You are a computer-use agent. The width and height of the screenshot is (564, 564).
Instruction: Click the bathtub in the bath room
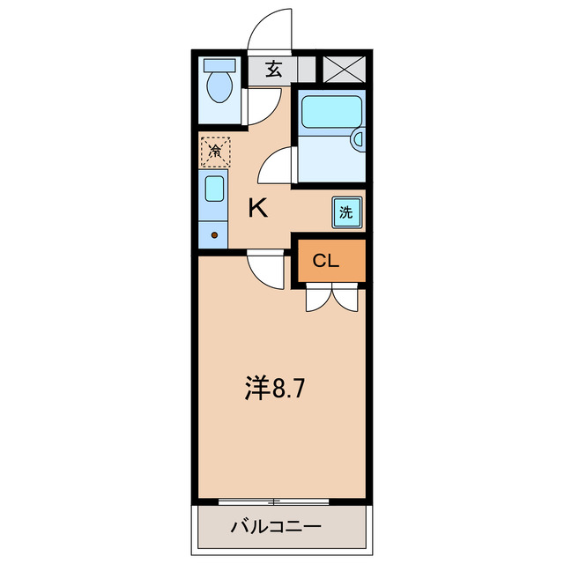click(327, 112)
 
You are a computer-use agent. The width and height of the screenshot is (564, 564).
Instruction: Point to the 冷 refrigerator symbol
click(215, 151)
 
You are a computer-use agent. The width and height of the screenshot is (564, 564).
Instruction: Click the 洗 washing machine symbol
click(346, 211)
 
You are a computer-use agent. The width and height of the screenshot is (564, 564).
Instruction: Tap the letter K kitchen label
click(257, 208)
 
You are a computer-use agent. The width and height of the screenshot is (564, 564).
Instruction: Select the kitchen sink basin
click(214, 189)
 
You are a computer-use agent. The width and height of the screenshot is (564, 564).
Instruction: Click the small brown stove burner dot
click(215, 235)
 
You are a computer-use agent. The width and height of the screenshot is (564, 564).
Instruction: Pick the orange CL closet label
click(327, 261)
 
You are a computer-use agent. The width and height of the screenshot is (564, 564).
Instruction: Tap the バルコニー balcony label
click(276, 528)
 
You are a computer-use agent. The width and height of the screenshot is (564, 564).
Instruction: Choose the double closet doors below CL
click(331, 298)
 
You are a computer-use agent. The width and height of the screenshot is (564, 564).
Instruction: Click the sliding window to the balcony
click(274, 501)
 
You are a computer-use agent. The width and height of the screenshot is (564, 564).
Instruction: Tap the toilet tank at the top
click(218, 65)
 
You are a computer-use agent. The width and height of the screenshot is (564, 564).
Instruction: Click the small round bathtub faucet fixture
click(358, 137)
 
